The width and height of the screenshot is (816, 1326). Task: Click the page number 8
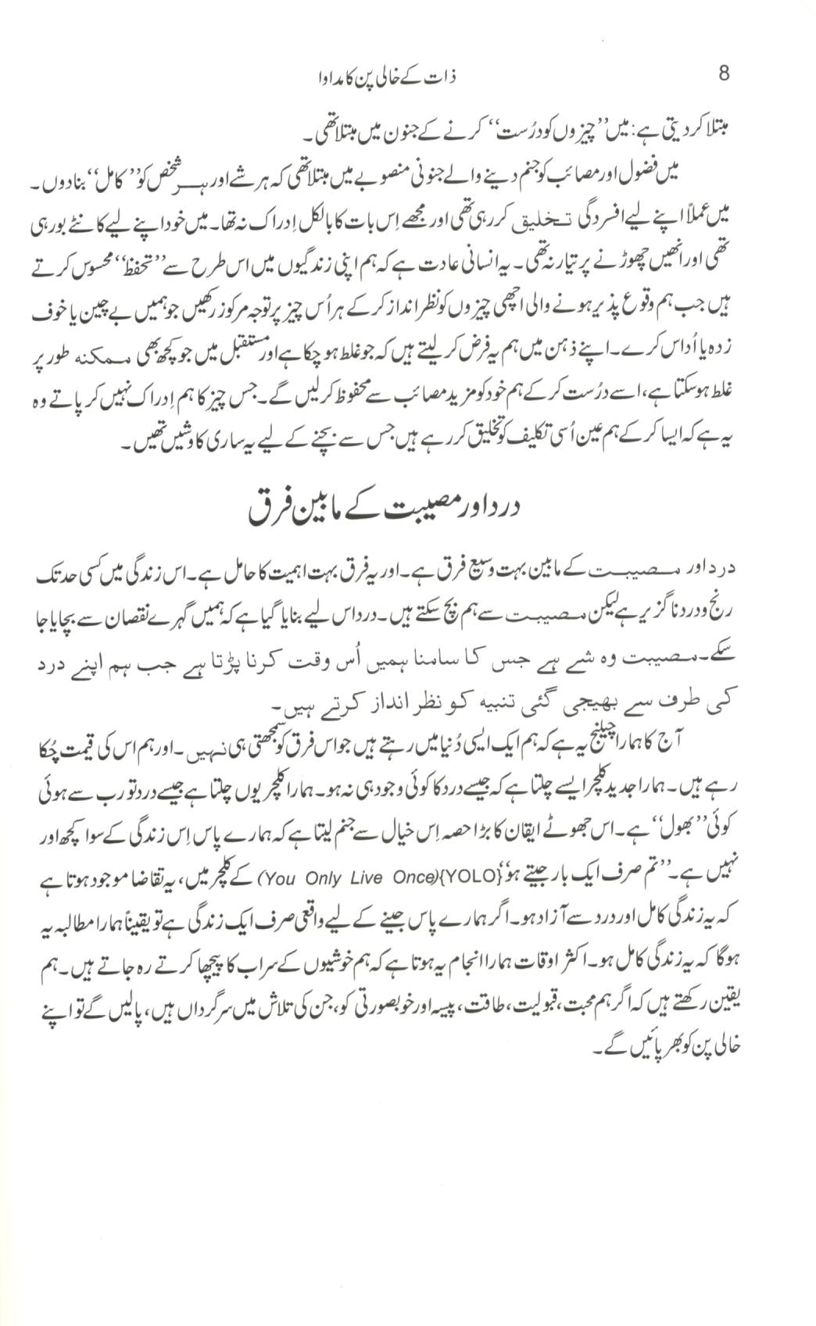724,74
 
